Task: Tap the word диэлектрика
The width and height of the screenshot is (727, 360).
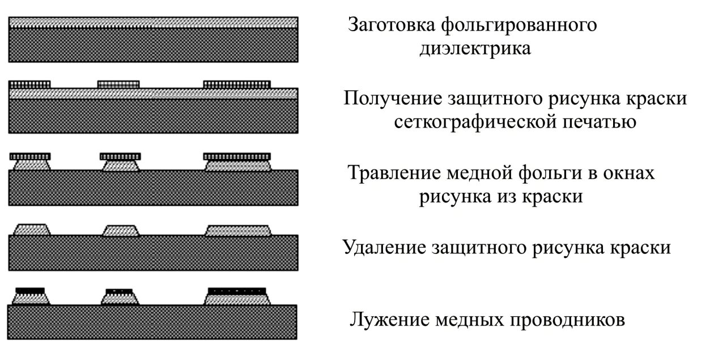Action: [475, 49]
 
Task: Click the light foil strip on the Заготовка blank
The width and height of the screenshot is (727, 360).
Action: [153, 23]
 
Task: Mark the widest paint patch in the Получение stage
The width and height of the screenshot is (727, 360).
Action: [237, 84]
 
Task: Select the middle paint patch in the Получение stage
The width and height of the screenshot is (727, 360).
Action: [118, 84]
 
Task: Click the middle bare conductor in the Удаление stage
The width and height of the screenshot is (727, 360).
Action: [121, 231]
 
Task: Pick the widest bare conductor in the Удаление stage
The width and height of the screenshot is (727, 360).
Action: [238, 230]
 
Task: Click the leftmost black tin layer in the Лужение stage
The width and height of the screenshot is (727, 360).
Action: [30, 290]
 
